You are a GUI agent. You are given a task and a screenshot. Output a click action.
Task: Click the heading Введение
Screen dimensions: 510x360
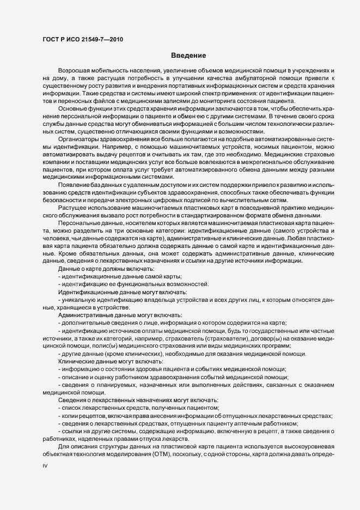click(x=188, y=56)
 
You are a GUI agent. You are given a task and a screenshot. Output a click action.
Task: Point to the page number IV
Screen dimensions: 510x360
click(x=46, y=466)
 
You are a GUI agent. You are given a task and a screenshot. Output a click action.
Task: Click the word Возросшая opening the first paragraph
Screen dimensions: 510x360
click(x=74, y=72)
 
